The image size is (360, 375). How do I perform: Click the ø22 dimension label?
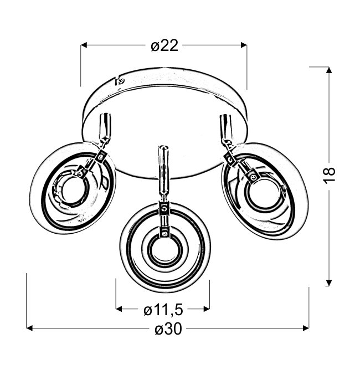164,45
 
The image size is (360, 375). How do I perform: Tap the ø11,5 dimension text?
163,310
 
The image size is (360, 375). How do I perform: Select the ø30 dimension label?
168,329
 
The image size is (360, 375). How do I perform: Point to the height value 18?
330,176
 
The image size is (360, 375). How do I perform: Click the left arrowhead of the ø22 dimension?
84,45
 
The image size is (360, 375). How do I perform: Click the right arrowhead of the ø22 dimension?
244,45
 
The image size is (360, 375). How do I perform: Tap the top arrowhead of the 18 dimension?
329,70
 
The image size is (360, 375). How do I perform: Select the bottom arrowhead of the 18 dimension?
329,282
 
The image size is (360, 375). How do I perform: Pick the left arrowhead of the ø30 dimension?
29,328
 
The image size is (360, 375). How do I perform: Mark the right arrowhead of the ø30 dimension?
306,328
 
